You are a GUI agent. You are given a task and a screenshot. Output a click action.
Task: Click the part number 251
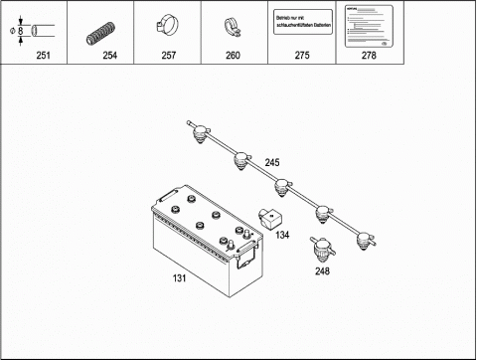42,56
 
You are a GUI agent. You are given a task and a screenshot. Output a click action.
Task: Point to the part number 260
233,56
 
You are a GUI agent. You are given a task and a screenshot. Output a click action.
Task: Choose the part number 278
368,56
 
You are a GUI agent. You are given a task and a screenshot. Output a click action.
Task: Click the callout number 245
272,161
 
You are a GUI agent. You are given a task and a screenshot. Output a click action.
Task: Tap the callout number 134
282,236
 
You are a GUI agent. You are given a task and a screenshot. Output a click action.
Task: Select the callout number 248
322,270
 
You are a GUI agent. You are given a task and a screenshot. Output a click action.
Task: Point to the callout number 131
180,278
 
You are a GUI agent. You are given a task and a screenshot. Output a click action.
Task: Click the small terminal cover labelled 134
269,217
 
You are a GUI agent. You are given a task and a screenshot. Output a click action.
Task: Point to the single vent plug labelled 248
322,248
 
